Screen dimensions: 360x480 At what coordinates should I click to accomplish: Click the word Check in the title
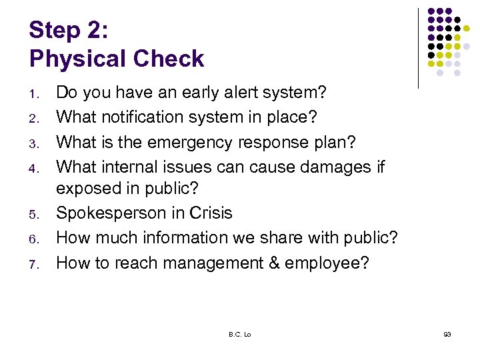coord(169,59)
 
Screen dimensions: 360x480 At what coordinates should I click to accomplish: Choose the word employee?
coord(327,263)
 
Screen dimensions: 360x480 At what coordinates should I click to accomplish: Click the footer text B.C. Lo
coord(239,334)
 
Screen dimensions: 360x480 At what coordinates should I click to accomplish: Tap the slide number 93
coord(447,334)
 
